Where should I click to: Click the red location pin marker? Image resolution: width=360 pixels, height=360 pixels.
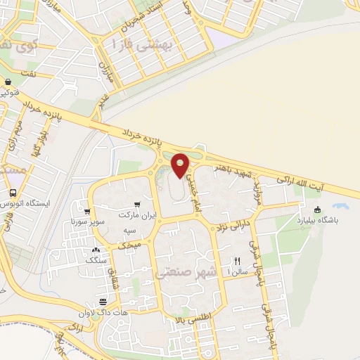point(181,165)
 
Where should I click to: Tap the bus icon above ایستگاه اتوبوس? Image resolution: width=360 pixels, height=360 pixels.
point(13,193)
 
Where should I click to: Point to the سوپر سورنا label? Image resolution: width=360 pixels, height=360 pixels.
point(87,221)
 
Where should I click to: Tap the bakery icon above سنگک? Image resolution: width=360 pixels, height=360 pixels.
point(96,250)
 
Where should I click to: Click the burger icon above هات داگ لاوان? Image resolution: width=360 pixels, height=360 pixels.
point(103,302)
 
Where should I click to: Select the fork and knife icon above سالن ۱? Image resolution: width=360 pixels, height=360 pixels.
point(237,260)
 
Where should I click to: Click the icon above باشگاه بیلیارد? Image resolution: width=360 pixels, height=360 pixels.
point(317,209)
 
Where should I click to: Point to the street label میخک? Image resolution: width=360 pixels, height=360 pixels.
point(129,245)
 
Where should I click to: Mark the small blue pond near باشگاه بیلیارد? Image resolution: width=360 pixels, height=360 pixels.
point(341,208)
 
